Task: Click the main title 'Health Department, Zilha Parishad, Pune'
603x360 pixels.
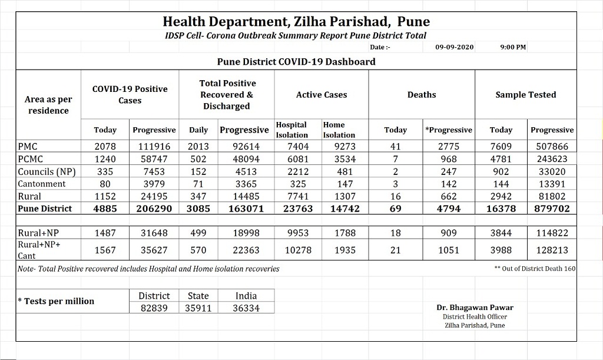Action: [296, 22]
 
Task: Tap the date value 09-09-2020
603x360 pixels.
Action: [455, 47]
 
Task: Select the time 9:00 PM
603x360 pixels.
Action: [513, 47]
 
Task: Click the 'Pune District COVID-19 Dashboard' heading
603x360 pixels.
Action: [296, 61]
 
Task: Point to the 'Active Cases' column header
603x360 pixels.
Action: [322, 95]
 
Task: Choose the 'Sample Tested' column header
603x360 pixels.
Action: [525, 95]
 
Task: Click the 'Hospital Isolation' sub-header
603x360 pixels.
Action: [291, 130]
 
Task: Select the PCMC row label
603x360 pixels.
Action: [31, 159]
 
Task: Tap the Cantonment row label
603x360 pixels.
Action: [42, 184]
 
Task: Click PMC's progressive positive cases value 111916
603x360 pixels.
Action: [154, 147]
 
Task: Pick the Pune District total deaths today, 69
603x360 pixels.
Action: [395, 209]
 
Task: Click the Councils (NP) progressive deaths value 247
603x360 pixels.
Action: [449, 171]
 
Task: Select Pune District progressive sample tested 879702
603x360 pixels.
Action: [552, 209]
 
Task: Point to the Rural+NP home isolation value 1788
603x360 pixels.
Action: [345, 233]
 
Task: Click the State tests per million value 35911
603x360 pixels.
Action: [198, 308]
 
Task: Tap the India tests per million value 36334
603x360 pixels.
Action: [246, 308]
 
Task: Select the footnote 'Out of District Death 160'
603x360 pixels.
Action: [536, 269]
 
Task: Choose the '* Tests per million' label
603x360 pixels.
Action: [56, 301]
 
